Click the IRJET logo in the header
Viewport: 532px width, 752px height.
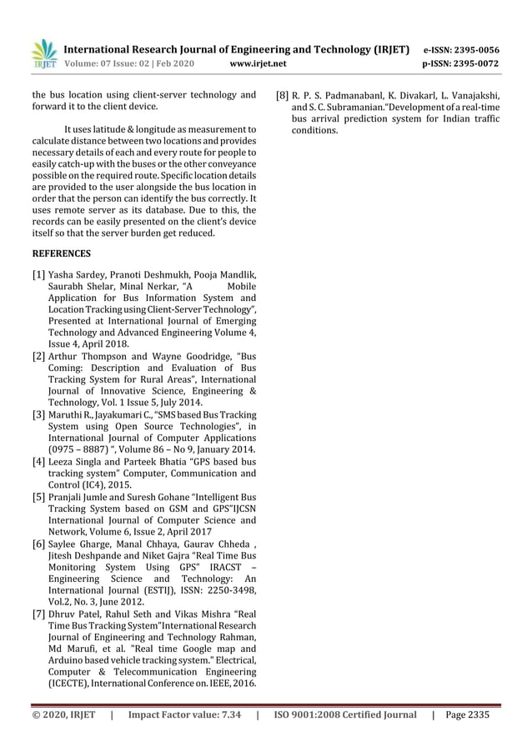tap(43, 53)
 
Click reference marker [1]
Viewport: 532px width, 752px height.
tap(38, 276)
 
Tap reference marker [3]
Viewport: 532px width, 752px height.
tap(38, 414)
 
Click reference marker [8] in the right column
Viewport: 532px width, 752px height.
tap(283, 96)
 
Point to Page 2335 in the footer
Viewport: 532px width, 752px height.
tap(468, 714)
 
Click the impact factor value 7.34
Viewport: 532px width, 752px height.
tap(228, 714)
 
